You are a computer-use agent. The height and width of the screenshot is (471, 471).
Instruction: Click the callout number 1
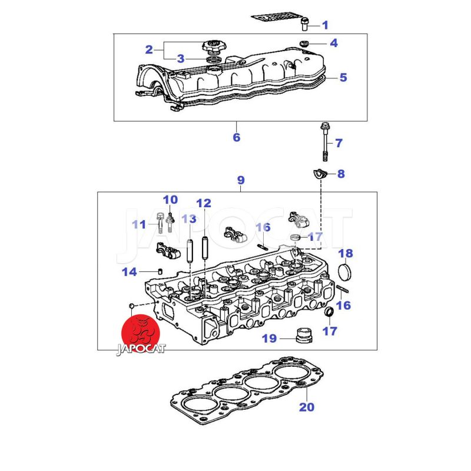point(325,25)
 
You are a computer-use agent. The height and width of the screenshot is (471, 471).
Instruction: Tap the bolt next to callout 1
point(304,24)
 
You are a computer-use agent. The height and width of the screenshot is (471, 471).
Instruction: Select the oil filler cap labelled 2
point(214,47)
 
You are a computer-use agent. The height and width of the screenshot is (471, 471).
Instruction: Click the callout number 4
point(333,43)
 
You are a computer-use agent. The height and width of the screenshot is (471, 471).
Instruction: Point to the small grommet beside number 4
point(304,43)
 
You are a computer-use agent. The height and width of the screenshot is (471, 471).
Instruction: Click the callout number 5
point(343,78)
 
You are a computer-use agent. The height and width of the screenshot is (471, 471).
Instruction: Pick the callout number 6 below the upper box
point(237,137)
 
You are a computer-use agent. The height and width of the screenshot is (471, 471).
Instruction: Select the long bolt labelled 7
point(326,141)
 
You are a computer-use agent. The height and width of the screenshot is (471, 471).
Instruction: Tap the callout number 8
point(341,174)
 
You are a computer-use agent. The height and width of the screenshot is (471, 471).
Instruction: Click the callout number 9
point(241,180)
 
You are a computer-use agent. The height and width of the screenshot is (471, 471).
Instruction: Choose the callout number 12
point(204,203)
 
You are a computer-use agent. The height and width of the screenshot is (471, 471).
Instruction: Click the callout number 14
point(129,272)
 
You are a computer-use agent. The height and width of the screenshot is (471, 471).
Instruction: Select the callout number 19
point(269,339)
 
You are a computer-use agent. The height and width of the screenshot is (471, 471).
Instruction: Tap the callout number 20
point(306,407)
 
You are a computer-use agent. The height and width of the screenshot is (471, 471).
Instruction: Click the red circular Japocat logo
point(140,333)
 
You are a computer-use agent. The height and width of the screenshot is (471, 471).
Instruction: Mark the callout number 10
point(170,200)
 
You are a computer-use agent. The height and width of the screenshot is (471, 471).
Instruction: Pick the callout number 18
point(346,254)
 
